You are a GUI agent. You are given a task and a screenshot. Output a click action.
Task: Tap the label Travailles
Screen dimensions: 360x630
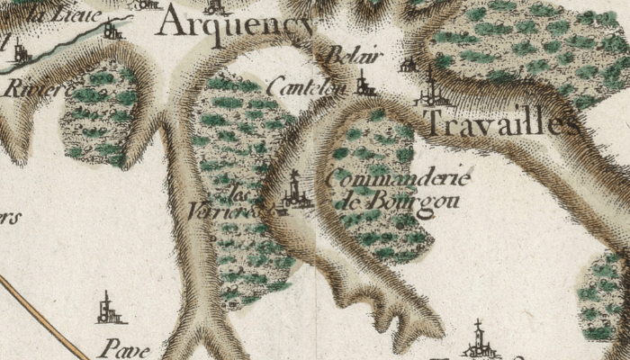coord(500,124)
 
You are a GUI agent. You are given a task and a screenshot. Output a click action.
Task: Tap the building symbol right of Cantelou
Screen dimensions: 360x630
coord(364,84)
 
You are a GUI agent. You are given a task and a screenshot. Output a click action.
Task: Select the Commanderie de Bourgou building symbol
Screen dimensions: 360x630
coord(294,192)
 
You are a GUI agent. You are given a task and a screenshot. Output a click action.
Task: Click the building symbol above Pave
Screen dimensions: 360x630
coord(109,310)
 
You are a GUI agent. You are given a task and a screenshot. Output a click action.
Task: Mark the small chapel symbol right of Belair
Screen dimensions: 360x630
coord(409,65)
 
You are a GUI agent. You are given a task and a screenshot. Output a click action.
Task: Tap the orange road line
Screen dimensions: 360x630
coord(36,315)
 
